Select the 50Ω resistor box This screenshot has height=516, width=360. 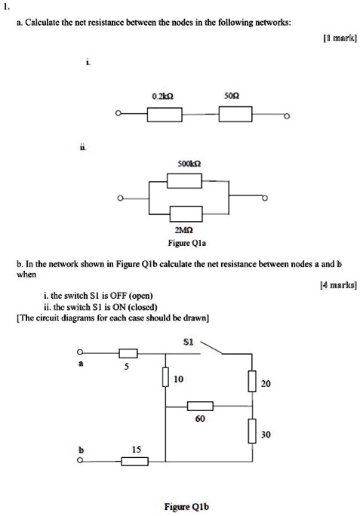[x=235, y=115]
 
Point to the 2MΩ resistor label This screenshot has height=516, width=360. [x=186, y=232]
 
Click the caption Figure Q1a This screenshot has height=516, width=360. [x=186, y=244]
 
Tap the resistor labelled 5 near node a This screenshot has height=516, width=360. [x=128, y=353]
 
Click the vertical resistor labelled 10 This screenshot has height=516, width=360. [x=165, y=376]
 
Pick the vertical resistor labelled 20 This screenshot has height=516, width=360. [x=252, y=383]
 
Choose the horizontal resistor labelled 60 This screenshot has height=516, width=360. [x=200, y=407]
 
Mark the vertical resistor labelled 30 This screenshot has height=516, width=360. [x=252, y=432]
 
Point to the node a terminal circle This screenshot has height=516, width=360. [x=78, y=353]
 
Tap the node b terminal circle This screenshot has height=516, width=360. [x=78, y=462]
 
